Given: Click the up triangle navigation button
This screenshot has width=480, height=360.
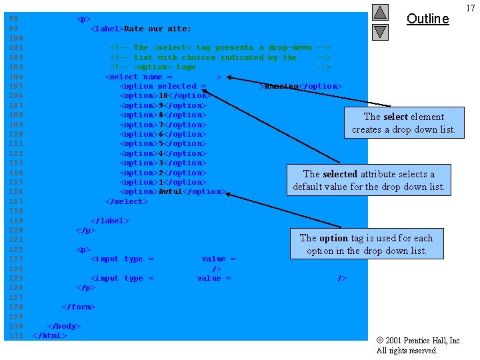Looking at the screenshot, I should pyautogui.click(x=380, y=12).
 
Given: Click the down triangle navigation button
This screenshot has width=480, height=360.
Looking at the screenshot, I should pyautogui.click(x=380, y=31).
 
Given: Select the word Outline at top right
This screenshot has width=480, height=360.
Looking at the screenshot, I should pyautogui.click(x=427, y=19).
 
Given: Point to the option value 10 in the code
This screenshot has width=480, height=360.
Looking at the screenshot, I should pyautogui.click(x=163, y=96).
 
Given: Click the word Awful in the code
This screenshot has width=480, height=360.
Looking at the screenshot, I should pyautogui.click(x=170, y=192).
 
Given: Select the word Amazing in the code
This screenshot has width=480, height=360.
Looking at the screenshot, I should pyautogui.click(x=281, y=87).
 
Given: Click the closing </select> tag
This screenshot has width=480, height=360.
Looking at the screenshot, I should pyautogui.click(x=124, y=201).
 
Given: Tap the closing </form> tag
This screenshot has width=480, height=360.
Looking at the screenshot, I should pyautogui.click(x=78, y=307).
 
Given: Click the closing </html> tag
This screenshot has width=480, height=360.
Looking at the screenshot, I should pyautogui.click(x=49, y=335).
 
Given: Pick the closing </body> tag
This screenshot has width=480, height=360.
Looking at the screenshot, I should pyautogui.click(x=63, y=326).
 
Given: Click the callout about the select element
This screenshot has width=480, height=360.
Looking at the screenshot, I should pyautogui.click(x=403, y=123).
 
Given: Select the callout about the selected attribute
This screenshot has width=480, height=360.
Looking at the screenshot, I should pyautogui.click(x=369, y=180).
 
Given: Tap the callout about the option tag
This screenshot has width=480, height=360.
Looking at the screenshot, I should pyautogui.click(x=366, y=244).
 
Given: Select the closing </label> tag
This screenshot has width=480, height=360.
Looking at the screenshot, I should pyautogui.click(x=109, y=221).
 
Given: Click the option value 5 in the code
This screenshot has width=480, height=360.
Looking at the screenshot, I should pyautogui.click(x=161, y=144).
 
